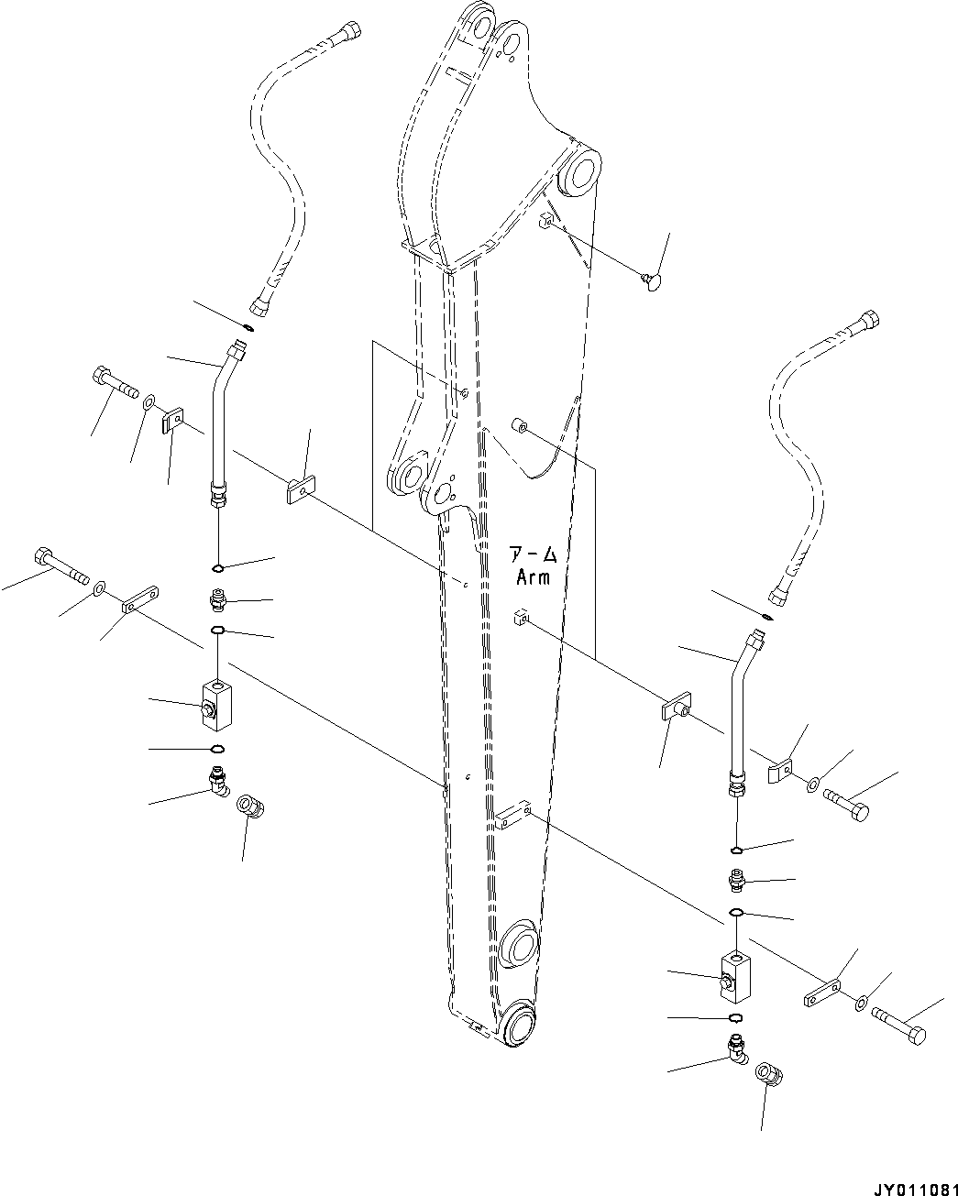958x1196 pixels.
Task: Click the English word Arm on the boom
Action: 533,577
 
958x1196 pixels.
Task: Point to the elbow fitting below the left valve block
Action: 219,783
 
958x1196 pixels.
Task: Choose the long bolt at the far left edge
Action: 57,565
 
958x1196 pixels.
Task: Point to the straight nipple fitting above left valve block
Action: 218,600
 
